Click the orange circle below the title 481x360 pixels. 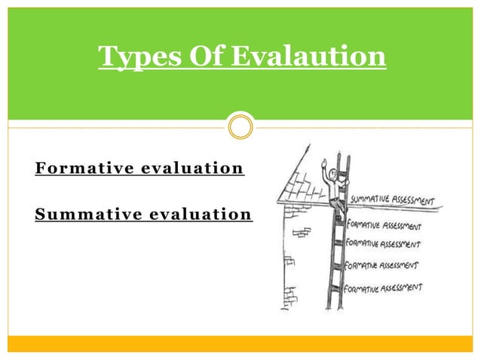pos(240,127)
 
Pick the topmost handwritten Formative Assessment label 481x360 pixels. pos(383,224)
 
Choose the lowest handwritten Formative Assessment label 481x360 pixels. pos(383,288)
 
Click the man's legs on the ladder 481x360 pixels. pos(338,207)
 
